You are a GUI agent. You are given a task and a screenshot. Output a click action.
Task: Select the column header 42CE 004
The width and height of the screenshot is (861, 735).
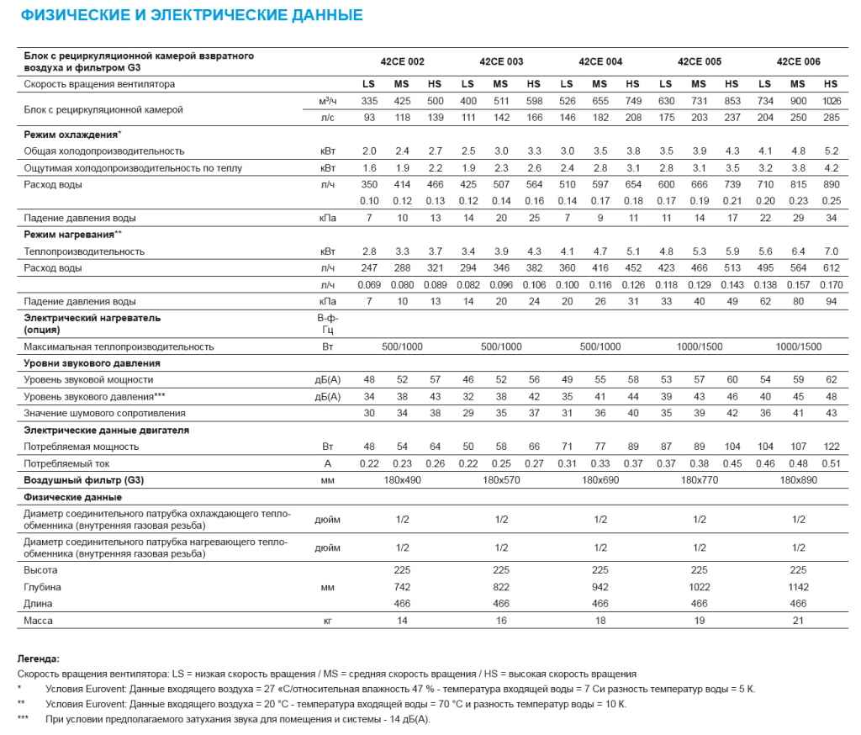point(600,61)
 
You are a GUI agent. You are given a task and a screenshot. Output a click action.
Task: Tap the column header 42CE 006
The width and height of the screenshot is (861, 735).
point(798,61)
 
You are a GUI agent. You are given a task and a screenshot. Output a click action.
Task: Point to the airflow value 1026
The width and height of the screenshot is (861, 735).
point(831,101)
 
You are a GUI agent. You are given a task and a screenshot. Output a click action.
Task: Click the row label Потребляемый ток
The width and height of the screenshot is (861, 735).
point(67,463)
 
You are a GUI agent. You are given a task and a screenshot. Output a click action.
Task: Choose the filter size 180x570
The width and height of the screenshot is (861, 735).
point(501,480)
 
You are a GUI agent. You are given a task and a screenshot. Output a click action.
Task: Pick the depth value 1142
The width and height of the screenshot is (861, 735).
point(798,587)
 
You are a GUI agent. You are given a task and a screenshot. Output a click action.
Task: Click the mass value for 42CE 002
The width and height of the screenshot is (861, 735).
point(402,621)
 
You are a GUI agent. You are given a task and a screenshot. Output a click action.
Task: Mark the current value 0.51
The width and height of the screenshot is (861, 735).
point(831,463)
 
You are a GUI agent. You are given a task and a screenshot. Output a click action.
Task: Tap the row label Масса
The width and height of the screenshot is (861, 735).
point(39,621)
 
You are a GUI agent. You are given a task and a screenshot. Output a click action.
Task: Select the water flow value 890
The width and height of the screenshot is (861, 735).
point(831,184)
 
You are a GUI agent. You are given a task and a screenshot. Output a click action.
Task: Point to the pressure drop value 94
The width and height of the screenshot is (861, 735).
point(831,301)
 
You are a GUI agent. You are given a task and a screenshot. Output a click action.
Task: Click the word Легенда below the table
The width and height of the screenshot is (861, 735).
point(39,658)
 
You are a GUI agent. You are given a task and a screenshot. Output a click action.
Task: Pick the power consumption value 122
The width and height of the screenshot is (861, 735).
point(831,447)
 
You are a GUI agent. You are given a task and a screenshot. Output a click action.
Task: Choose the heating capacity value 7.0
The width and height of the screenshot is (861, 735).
point(831,251)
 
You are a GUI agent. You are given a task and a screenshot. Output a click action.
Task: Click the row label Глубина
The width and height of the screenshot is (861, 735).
point(43,587)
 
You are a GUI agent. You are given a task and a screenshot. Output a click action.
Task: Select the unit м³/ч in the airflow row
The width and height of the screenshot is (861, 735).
point(327,101)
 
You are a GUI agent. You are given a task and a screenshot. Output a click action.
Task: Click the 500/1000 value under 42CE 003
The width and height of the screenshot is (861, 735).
point(501,346)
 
